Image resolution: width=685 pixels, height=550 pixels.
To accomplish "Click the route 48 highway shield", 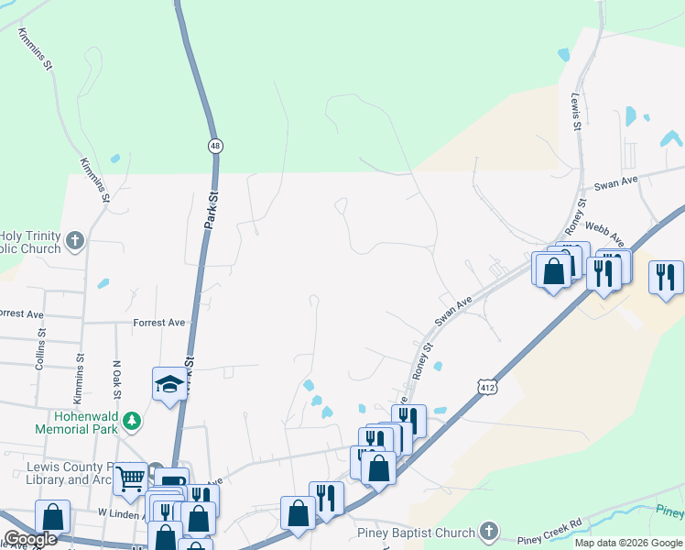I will click(x=215, y=146).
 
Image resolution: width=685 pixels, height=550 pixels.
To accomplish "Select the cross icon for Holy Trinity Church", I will click(x=75, y=241).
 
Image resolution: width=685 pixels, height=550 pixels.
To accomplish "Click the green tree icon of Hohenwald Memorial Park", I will click(x=134, y=420).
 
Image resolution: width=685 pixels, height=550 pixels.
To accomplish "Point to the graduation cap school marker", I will click(x=169, y=384).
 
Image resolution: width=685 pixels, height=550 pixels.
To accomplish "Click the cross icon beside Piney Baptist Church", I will click(x=490, y=532).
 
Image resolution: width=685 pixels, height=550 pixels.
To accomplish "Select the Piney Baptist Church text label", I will click(x=416, y=533).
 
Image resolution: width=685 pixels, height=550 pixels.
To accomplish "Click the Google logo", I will click(x=30, y=539).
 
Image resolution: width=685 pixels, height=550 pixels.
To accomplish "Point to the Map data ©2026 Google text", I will click(x=628, y=543).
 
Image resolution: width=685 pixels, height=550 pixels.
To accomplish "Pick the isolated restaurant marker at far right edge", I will click(x=666, y=276).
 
